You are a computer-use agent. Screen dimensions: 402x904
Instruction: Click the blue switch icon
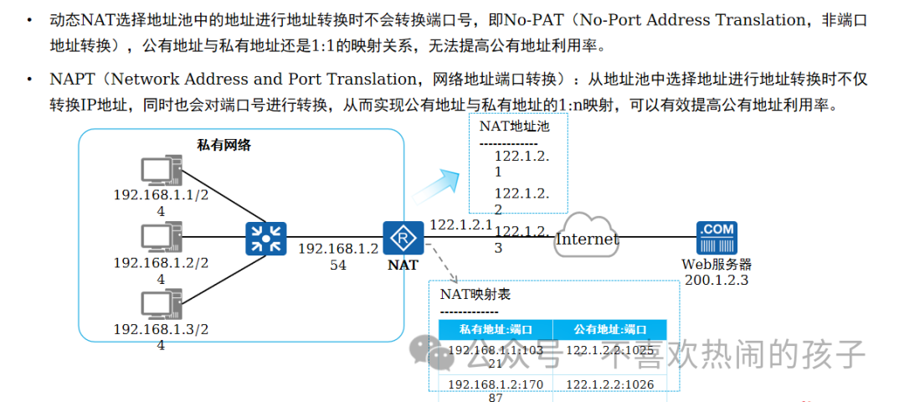(266, 239)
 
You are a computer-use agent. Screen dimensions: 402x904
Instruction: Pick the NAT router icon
(403, 239)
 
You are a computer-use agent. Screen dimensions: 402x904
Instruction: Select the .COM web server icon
(717, 239)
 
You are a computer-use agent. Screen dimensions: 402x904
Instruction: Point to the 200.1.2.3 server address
(717, 280)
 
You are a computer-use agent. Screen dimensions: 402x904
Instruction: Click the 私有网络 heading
(223, 145)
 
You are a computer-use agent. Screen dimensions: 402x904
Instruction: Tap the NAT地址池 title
(514, 126)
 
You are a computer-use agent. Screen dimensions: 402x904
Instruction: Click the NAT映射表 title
(475, 294)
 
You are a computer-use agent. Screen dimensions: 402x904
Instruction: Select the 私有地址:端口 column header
(496, 329)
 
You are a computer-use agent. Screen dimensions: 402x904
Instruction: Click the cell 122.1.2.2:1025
(609, 350)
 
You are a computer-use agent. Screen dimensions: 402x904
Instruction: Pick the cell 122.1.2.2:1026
(609, 384)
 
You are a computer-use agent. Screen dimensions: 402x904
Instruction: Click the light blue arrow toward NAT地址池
(440, 184)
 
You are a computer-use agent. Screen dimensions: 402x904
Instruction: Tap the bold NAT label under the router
(403, 265)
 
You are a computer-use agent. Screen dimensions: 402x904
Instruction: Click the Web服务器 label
(717, 265)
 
